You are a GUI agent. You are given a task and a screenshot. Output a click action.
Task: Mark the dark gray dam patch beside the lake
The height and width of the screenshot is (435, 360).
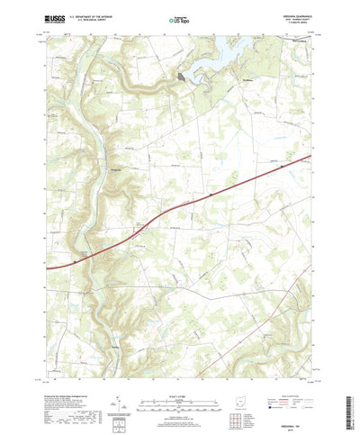(184, 78)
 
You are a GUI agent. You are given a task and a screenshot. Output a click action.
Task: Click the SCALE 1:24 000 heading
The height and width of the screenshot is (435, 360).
(179, 368)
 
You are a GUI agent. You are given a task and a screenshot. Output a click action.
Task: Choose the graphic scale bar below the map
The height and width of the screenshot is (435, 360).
(179, 377)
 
